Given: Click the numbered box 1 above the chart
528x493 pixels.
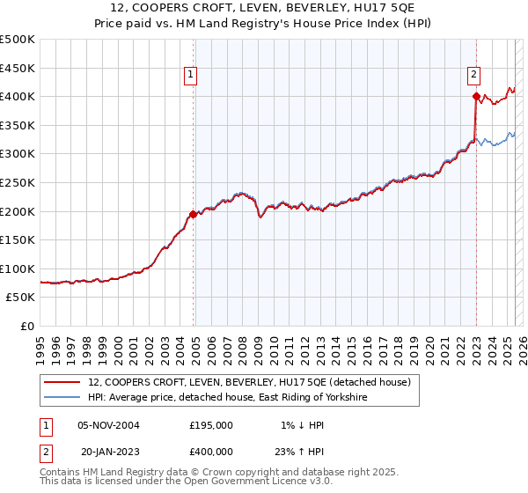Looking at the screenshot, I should pyautogui.click(x=191, y=76).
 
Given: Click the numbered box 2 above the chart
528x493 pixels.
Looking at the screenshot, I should pyautogui.click(x=473, y=76).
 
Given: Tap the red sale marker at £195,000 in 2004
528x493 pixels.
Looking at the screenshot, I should pyautogui.click(x=193, y=214).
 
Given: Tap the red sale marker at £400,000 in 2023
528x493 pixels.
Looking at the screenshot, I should pyautogui.click(x=476, y=96).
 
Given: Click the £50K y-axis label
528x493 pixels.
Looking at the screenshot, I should pyautogui.click(x=21, y=298).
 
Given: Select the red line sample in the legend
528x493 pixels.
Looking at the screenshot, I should pyautogui.click(x=62, y=382).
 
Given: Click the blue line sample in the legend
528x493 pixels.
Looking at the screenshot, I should pyautogui.click(x=62, y=398).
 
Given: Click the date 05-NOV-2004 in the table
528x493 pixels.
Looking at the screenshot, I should pyautogui.click(x=108, y=424).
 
